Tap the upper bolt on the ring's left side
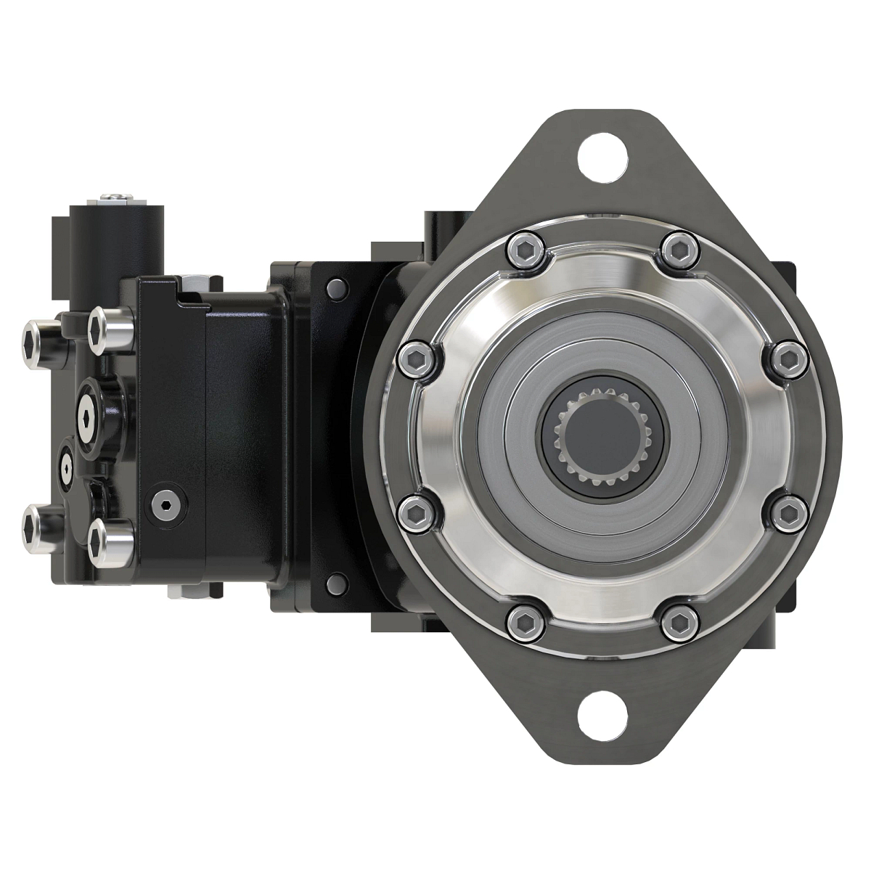416,359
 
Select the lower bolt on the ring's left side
416,513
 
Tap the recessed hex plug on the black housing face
165,505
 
